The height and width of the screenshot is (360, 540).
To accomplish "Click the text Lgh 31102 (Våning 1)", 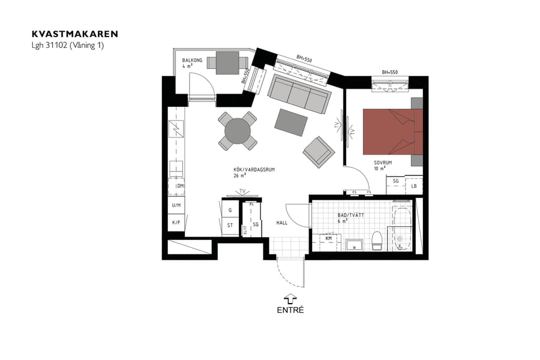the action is [x=68, y=45].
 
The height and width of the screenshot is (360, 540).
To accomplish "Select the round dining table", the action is [x=238, y=130].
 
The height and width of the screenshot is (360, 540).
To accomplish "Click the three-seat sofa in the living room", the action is [x=298, y=94].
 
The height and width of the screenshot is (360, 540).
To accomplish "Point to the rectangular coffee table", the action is [x=292, y=122].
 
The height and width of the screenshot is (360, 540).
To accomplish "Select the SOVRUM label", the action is [x=383, y=163].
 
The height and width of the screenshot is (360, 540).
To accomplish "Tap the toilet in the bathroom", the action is [x=377, y=241].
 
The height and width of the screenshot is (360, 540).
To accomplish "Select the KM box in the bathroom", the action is [x=329, y=239].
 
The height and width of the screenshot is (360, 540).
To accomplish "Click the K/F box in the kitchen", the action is [x=176, y=223].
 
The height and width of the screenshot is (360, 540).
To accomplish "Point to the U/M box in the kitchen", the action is [x=176, y=205].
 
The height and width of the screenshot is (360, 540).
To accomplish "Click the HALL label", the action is [x=281, y=223].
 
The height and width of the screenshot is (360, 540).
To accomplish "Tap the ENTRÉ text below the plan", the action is [x=290, y=310].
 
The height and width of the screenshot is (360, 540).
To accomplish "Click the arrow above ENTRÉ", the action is [x=290, y=298].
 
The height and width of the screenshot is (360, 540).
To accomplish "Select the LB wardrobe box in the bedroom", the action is [x=414, y=186].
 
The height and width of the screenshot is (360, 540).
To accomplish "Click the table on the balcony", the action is [x=226, y=61].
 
